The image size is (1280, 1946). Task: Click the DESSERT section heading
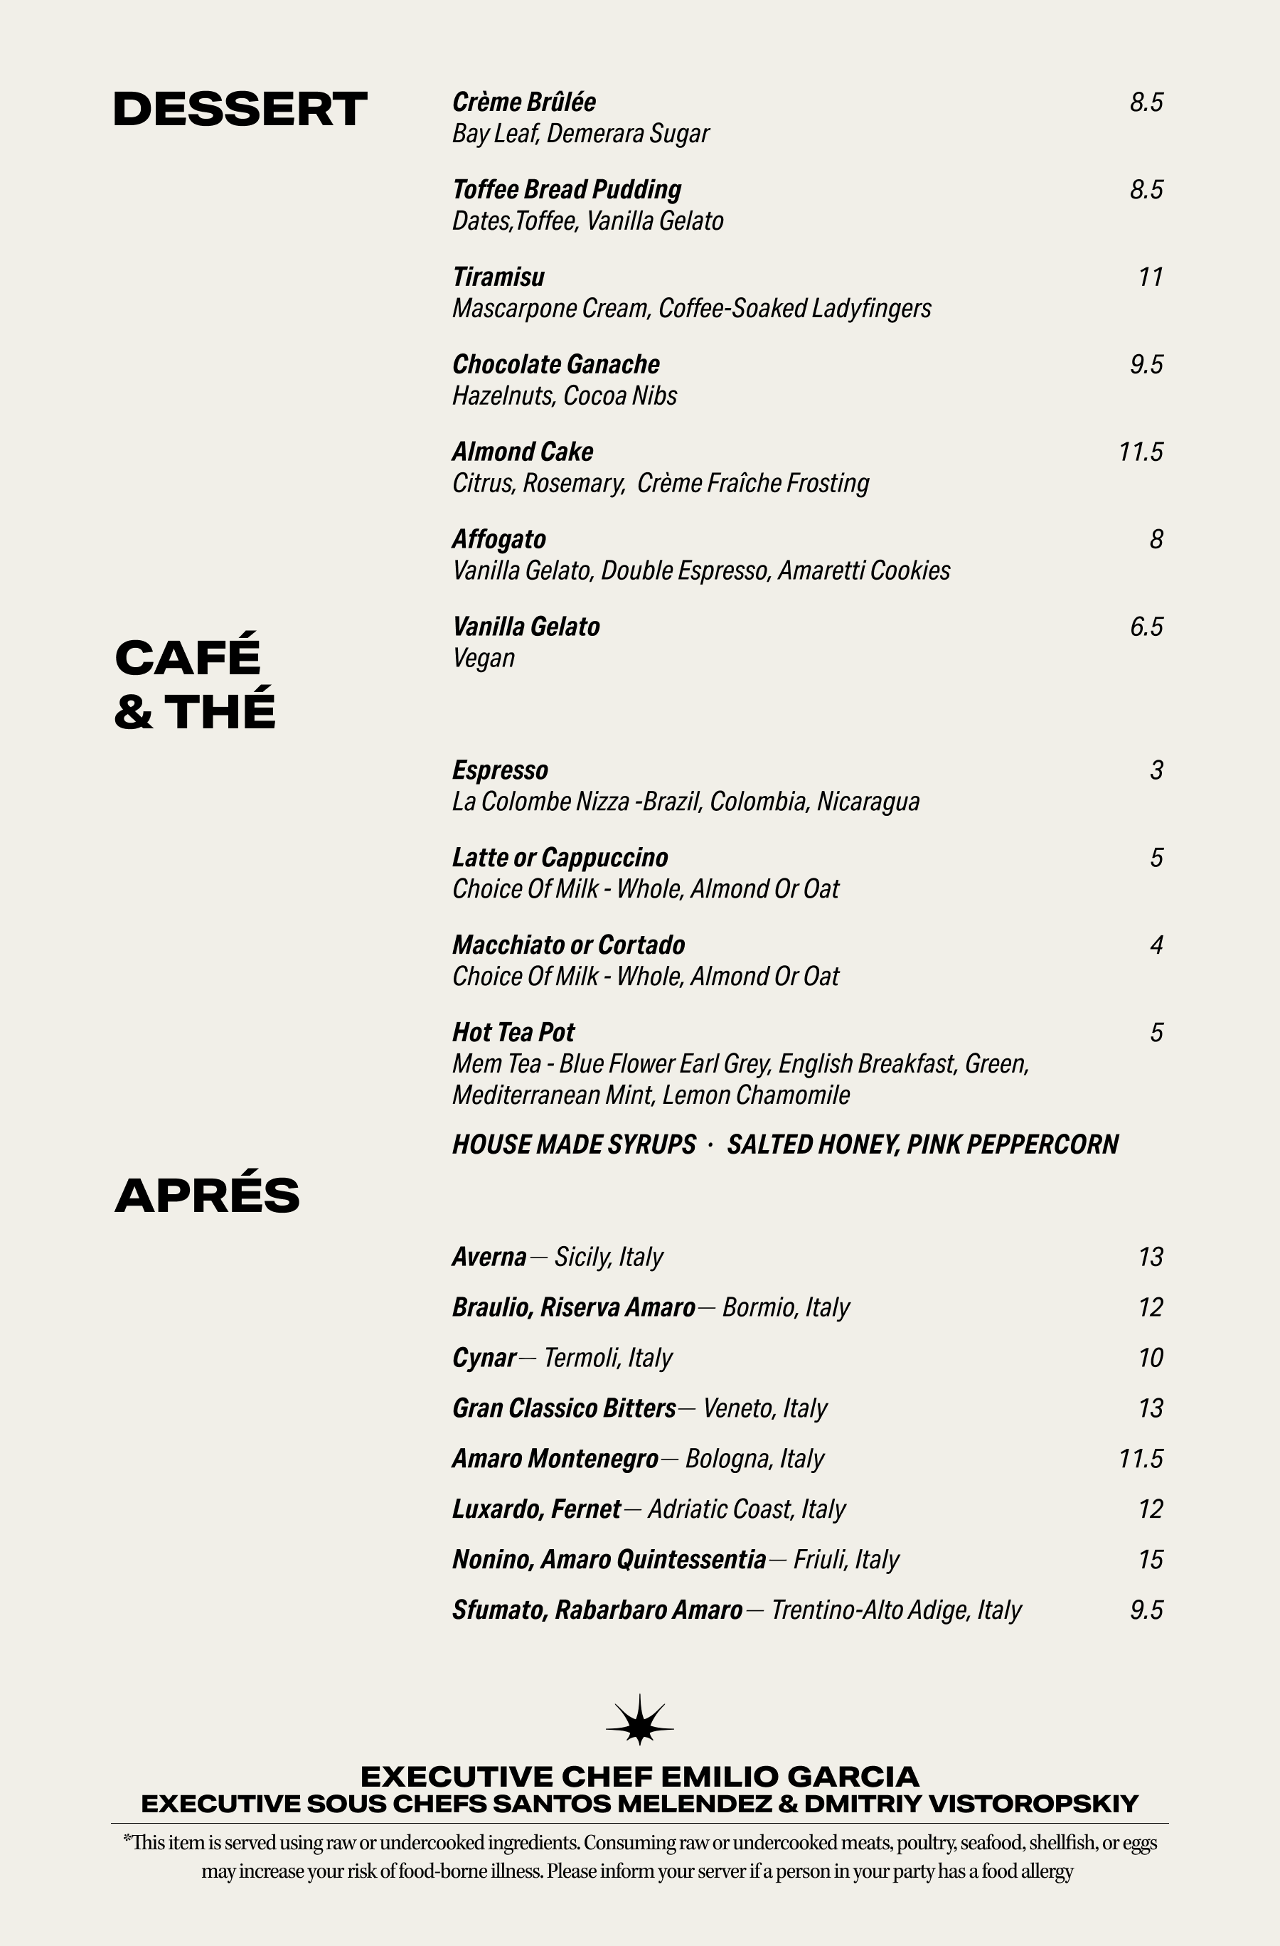click(240, 110)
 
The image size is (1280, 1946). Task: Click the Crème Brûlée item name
click(524, 102)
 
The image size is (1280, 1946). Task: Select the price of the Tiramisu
click(1150, 277)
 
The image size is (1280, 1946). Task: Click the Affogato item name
click(498, 540)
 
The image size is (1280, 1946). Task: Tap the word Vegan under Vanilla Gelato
click(483, 658)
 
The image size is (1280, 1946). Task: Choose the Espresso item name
click(500, 770)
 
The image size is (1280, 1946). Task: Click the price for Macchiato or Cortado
click(1156, 945)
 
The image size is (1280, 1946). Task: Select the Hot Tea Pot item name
click(513, 1033)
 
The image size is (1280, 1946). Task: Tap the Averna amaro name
click(489, 1257)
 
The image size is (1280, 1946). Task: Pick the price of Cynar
click(1150, 1358)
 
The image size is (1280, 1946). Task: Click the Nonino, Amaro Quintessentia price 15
click(1150, 1560)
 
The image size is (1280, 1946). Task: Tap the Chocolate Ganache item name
click(556, 365)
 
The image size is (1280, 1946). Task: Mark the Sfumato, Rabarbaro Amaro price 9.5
click(1146, 1611)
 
